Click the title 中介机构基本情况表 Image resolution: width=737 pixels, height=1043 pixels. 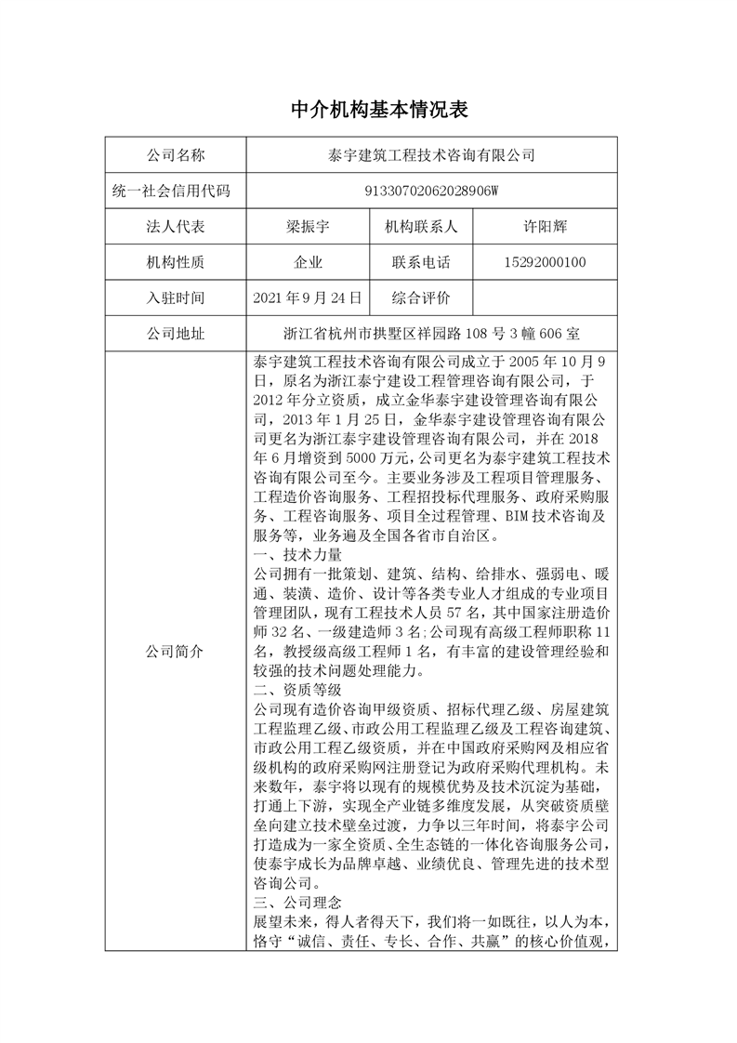[368, 110]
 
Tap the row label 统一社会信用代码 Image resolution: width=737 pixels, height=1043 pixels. [176, 191]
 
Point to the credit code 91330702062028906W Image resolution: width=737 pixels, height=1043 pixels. [430, 191]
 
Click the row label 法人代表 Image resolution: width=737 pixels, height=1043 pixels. [176, 227]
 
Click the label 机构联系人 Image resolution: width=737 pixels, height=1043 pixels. [421, 227]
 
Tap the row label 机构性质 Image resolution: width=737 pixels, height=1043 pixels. [176, 263]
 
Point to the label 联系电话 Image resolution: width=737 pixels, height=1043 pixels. [421, 263]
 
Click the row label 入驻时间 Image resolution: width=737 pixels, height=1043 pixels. [176, 298]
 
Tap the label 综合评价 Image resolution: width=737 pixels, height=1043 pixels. [421, 298]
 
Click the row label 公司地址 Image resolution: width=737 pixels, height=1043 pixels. [176, 335]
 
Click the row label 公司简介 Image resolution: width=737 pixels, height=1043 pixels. [176, 652]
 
